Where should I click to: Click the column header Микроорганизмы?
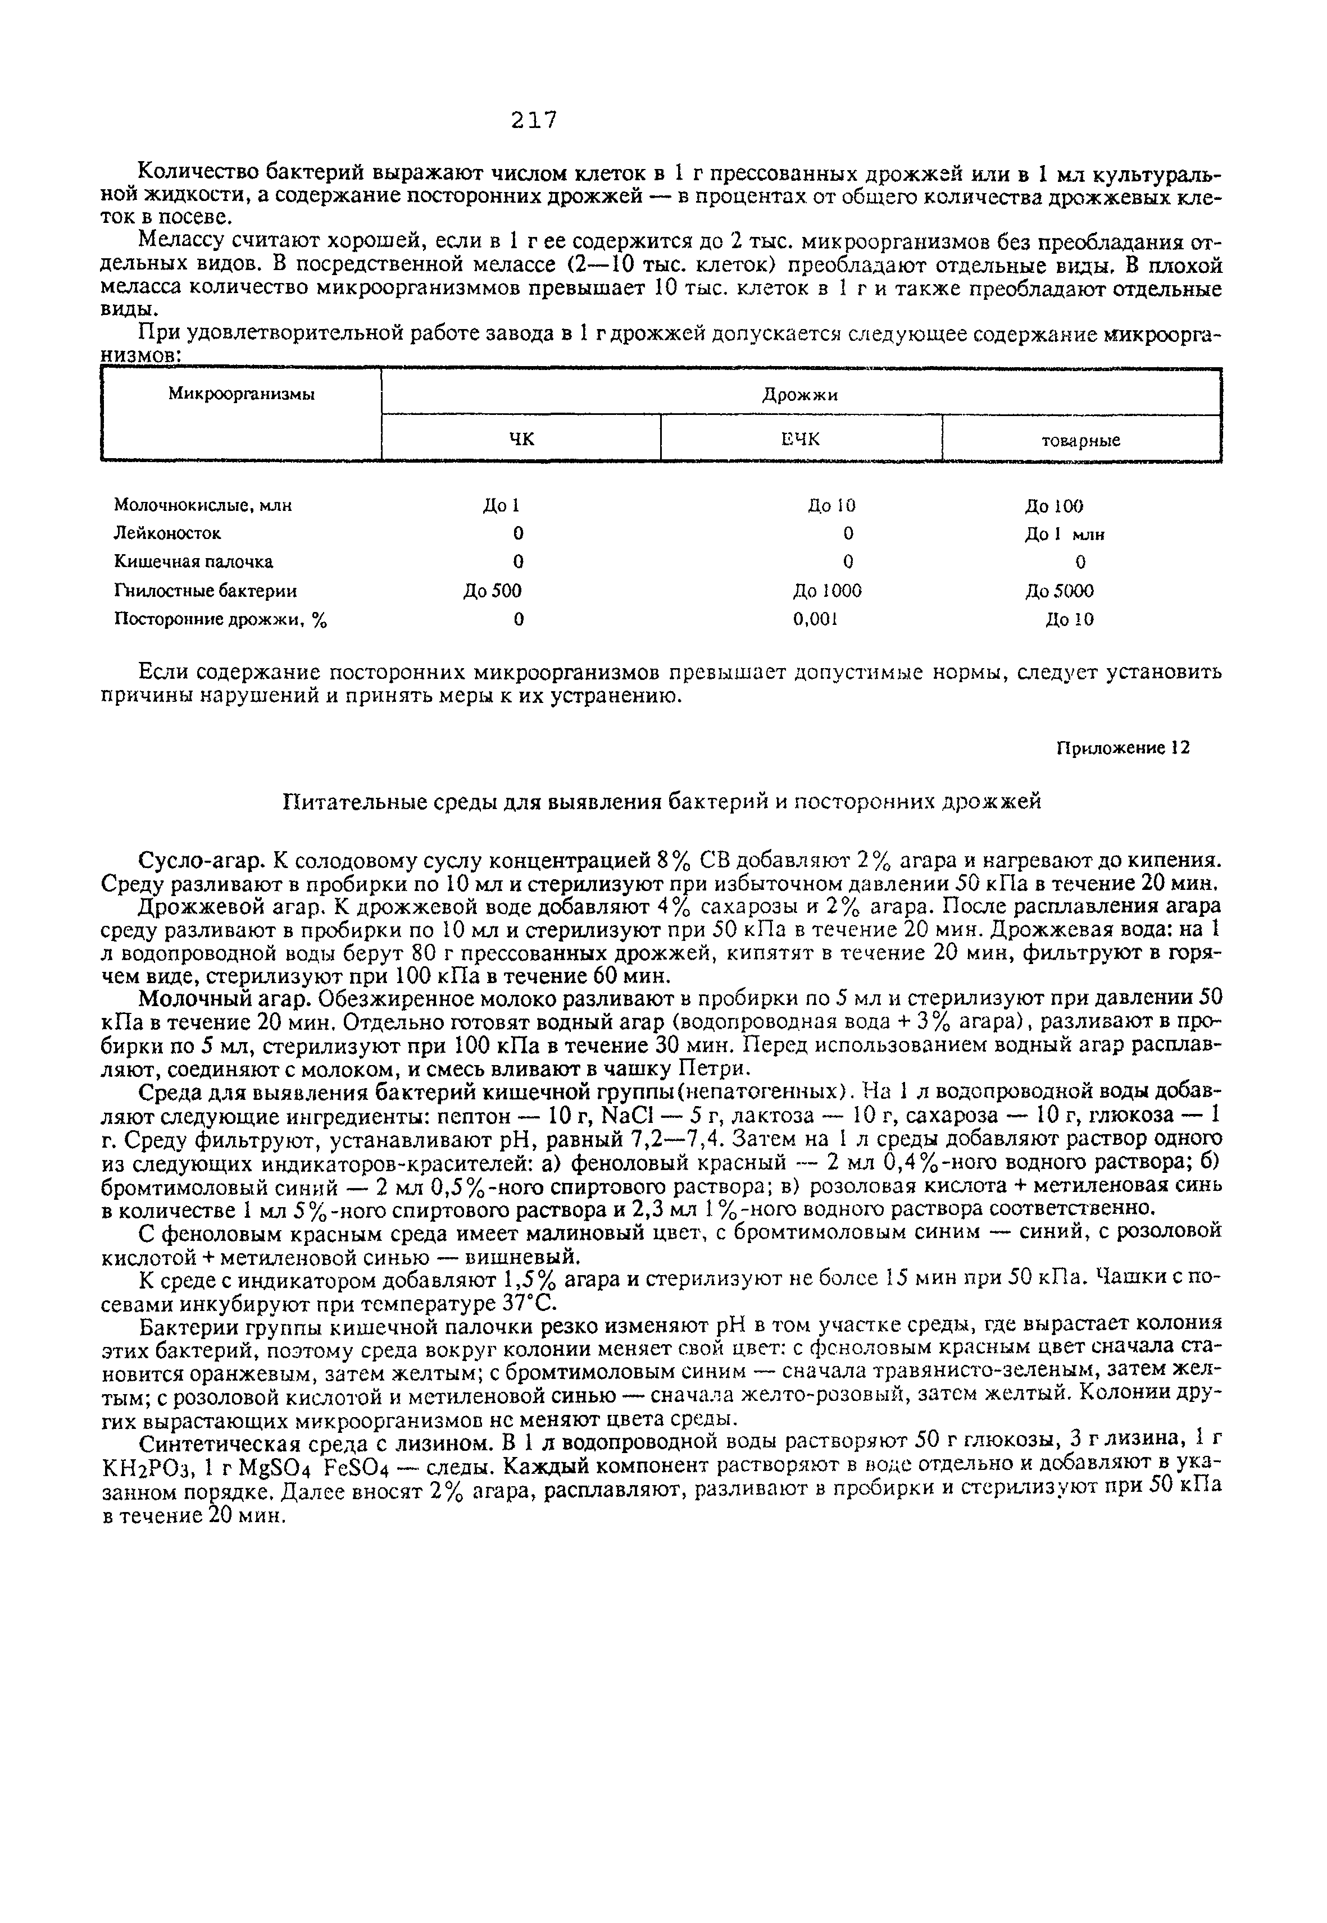[x=241, y=395]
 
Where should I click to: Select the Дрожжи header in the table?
[x=800, y=395]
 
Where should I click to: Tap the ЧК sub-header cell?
[x=521, y=440]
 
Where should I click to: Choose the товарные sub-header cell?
[x=1081, y=440]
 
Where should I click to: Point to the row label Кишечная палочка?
[x=193, y=562]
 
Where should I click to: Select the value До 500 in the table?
[x=492, y=591]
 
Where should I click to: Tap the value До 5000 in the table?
[x=1058, y=591]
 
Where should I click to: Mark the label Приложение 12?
[x=1123, y=748]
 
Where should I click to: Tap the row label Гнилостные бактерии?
[x=206, y=591]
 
